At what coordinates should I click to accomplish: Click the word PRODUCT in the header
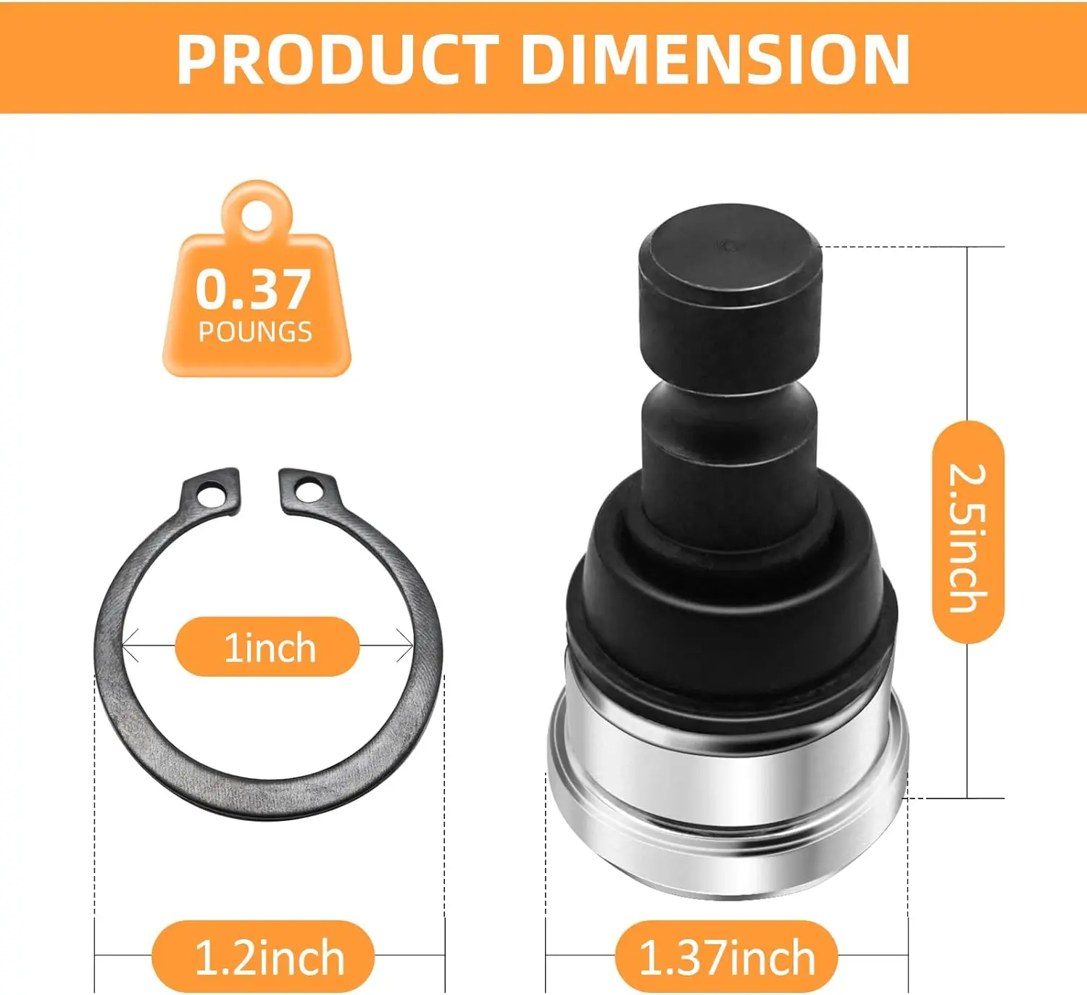pos(337,59)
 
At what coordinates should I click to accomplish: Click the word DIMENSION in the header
pos(715,59)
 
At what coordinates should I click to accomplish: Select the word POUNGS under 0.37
pos(255,332)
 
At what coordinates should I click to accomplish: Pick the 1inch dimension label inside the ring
pos(269,647)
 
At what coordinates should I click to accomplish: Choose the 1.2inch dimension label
pos(269,957)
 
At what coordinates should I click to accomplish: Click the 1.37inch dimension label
pos(727,957)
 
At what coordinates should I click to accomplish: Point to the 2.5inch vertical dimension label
pos(968,537)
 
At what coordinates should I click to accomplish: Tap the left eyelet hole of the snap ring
pos(212,496)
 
